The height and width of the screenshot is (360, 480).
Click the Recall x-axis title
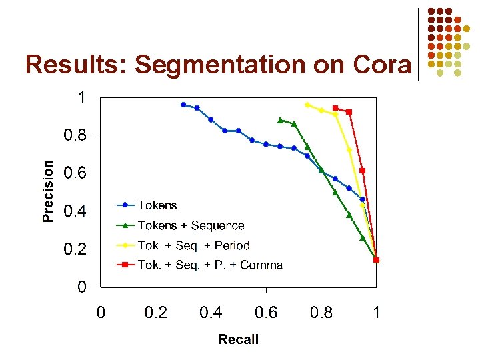point(238,339)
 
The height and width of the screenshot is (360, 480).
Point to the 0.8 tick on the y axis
point(75,135)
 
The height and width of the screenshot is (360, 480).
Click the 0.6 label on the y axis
point(75,173)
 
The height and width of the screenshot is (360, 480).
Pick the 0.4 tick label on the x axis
point(211,312)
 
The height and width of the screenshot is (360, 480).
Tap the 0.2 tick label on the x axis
point(155,312)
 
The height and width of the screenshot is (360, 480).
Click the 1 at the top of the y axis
point(81,97)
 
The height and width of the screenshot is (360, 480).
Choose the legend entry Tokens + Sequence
point(191,225)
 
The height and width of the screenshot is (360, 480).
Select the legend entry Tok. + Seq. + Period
point(193,245)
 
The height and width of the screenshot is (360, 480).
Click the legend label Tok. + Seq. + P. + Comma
point(210,265)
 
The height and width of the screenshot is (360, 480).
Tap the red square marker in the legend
point(125,265)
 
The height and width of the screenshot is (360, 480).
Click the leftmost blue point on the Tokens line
point(183,105)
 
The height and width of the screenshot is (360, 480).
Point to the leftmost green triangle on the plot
point(280,120)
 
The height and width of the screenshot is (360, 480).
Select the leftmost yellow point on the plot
point(307,105)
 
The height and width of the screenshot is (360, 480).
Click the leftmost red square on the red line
point(335,108)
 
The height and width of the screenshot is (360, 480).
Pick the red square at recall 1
point(377,260)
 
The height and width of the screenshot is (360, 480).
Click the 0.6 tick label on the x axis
point(266,312)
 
